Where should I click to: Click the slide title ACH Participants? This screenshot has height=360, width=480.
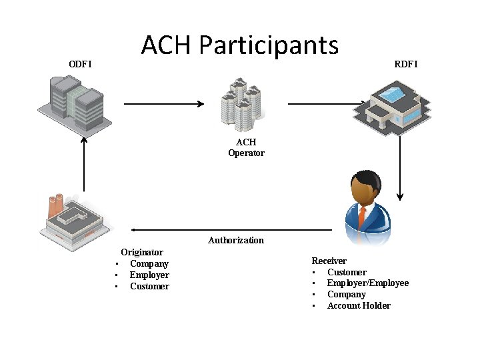point(240,45)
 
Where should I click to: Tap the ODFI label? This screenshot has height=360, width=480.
point(81,64)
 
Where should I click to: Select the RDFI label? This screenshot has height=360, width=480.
point(406,64)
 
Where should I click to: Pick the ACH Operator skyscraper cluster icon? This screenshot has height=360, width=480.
point(243,104)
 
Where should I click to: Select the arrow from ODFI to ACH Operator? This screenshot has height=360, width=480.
point(164,104)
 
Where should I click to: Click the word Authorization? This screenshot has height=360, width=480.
point(235,240)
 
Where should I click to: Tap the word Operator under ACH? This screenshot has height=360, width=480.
point(246,153)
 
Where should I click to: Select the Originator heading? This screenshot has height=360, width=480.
point(141,252)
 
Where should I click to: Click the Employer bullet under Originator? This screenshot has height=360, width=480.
point(149,275)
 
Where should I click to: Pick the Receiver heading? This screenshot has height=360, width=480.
point(329,261)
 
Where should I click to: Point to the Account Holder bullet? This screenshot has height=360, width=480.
point(359,305)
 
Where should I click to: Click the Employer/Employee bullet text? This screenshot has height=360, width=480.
point(367,283)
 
